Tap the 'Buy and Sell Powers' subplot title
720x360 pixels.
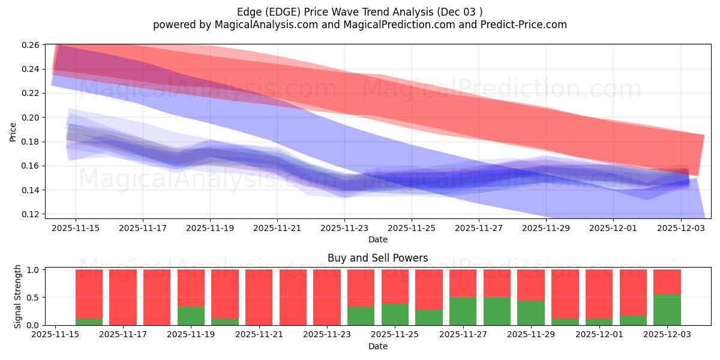point(377,258)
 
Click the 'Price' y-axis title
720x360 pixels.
point(13,131)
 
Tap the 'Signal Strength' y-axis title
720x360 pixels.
point(18,297)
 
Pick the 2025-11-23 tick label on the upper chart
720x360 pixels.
point(344,228)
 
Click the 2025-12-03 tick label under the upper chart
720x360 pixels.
point(681,228)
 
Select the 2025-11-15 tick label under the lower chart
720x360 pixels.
point(55,335)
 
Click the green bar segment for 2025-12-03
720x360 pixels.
point(668,310)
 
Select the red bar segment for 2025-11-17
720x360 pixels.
point(123,297)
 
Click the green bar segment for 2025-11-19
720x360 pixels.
point(191,316)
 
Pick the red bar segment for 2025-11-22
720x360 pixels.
point(293,297)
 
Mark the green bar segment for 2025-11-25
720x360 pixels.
point(395,314)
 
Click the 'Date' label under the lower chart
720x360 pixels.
point(377,346)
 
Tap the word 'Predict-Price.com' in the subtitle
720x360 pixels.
point(526,25)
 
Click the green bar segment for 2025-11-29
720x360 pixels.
point(531,313)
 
